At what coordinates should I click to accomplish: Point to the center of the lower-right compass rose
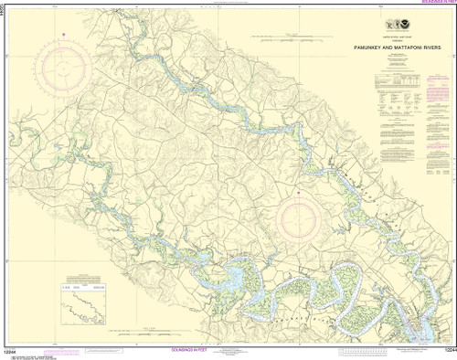click(301, 221)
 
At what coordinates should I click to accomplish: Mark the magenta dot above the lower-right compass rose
click(301, 193)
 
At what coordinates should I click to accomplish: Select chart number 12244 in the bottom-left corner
click(11, 352)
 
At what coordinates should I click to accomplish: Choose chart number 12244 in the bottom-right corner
click(446, 352)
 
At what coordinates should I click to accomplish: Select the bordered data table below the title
click(399, 91)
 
